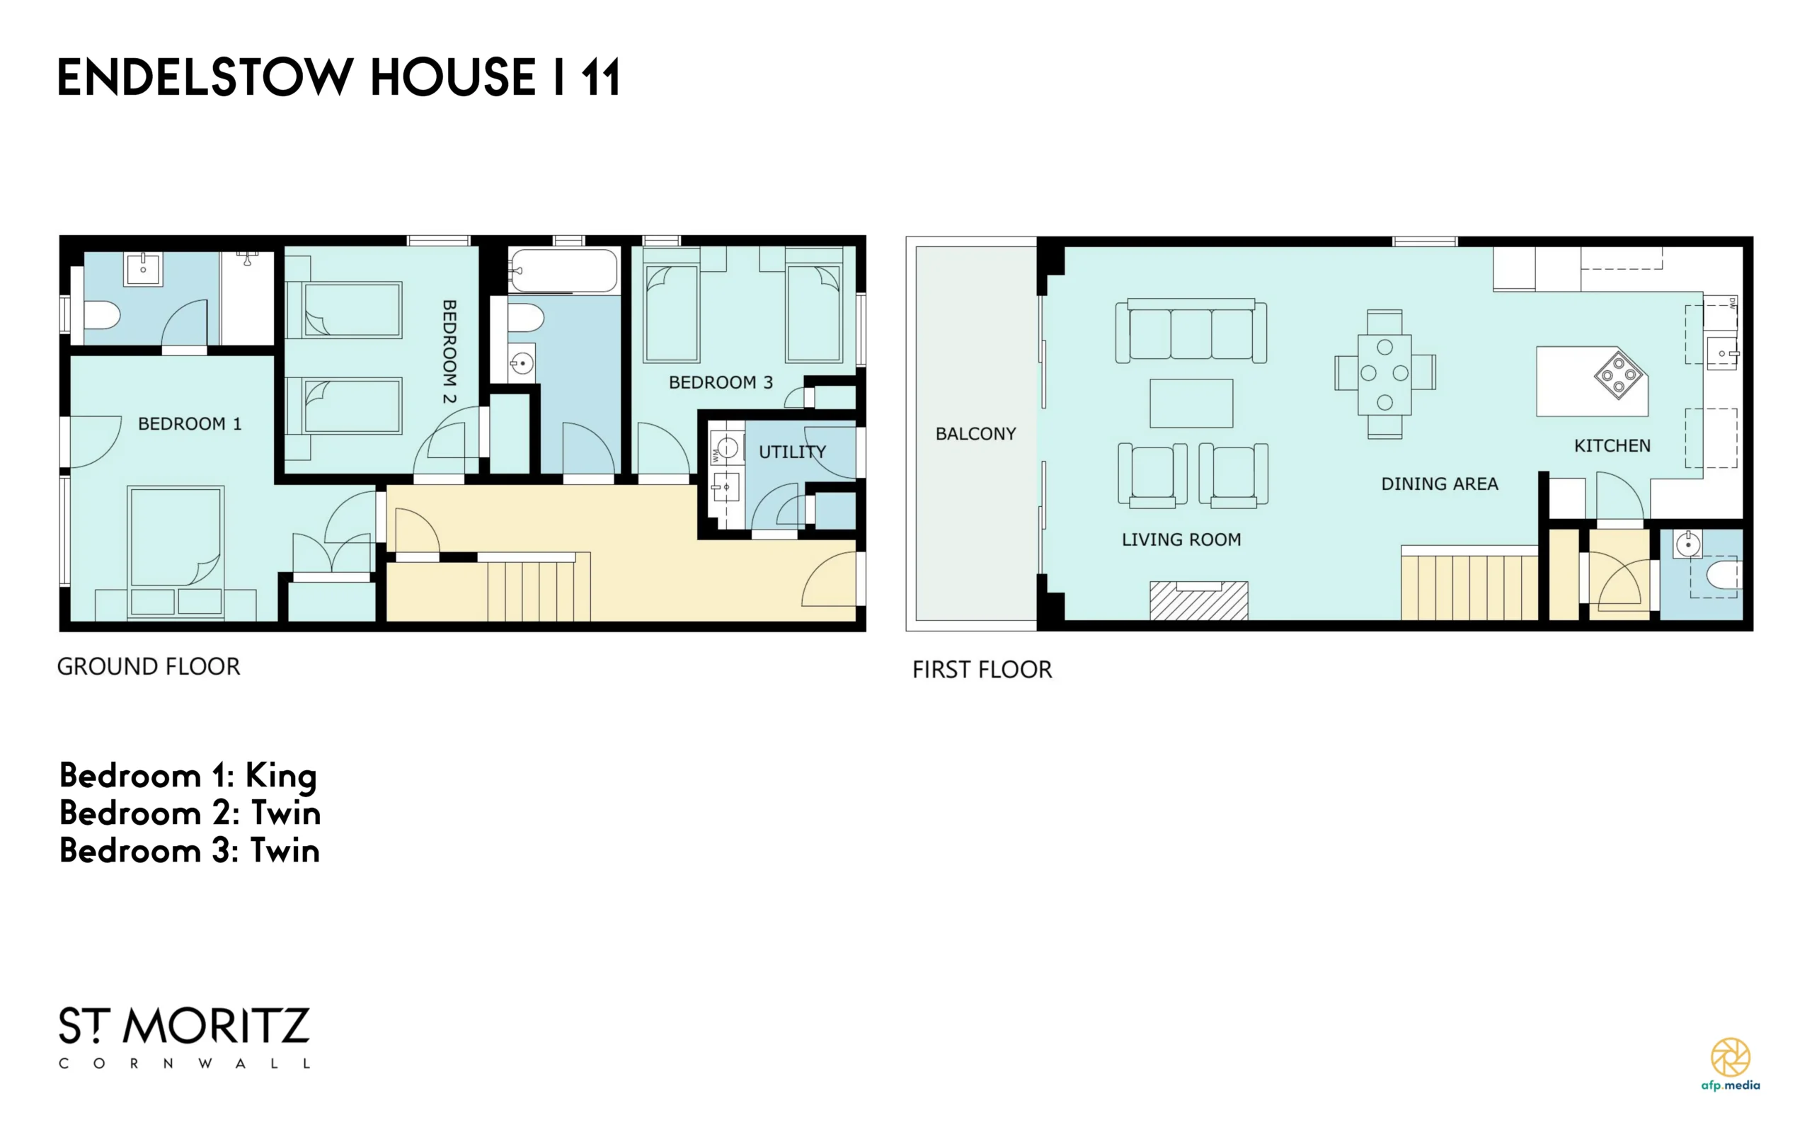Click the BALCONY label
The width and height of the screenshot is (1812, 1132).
click(975, 433)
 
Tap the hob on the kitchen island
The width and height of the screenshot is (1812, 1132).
click(1618, 374)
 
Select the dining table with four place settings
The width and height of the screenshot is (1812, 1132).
click(1384, 375)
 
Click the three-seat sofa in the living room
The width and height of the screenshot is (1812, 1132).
click(1191, 331)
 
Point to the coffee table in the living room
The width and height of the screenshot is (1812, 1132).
click(1191, 404)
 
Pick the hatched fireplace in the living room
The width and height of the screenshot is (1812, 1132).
click(1198, 600)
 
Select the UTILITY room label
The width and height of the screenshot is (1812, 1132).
click(792, 452)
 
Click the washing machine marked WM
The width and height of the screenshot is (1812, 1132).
click(726, 450)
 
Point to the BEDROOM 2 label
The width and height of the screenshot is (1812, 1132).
click(449, 352)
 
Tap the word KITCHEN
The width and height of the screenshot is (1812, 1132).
click(1612, 446)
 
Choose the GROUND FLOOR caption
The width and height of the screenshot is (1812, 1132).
click(148, 666)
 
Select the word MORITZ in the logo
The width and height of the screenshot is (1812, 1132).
click(216, 1027)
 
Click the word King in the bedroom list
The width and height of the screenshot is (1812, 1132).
click(281, 777)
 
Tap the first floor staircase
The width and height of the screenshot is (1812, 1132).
click(1469, 583)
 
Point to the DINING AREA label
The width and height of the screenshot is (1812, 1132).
click(1439, 484)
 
